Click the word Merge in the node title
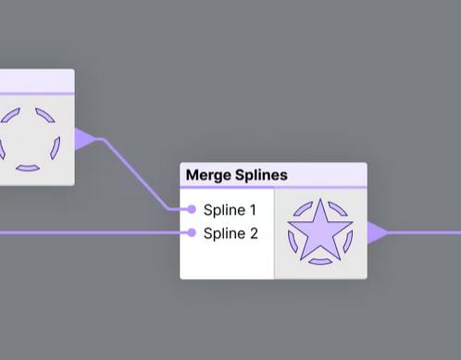209,176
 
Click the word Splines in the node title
261,175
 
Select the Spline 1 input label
230,210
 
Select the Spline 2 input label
230,233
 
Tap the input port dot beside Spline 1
192,209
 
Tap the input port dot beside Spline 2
192,232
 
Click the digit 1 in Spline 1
253,210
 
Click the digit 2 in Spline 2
254,233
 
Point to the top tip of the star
320,199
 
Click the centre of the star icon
320,231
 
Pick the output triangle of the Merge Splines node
378,233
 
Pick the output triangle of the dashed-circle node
85,139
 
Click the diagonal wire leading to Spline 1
136,174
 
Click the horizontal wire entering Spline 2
93,232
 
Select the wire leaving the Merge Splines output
424,233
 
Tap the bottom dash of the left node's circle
28,168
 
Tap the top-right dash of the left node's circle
45,115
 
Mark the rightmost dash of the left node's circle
56,148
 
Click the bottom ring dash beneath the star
320,262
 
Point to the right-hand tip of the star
352,222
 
